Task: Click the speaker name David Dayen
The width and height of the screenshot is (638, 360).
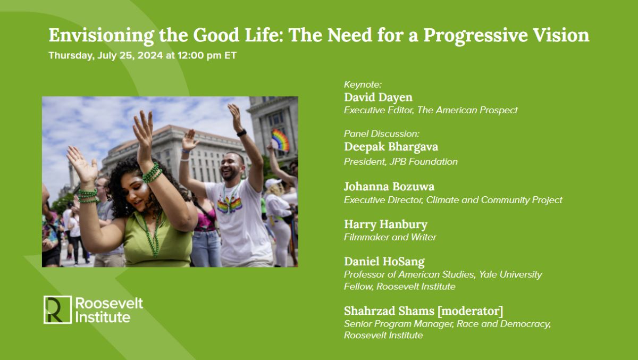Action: tap(378, 97)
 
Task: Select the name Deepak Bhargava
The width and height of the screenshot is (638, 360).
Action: tap(391, 147)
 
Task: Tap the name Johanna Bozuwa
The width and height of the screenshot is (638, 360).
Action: tap(389, 187)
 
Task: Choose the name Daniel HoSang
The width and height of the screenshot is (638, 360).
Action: tap(384, 261)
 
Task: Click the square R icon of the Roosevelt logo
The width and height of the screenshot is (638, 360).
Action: tap(57, 309)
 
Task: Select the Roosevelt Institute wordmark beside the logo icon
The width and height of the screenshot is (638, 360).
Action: tap(109, 310)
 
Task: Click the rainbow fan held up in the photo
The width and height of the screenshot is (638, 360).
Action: tap(280, 140)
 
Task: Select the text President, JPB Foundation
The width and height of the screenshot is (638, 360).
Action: tap(400, 162)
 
